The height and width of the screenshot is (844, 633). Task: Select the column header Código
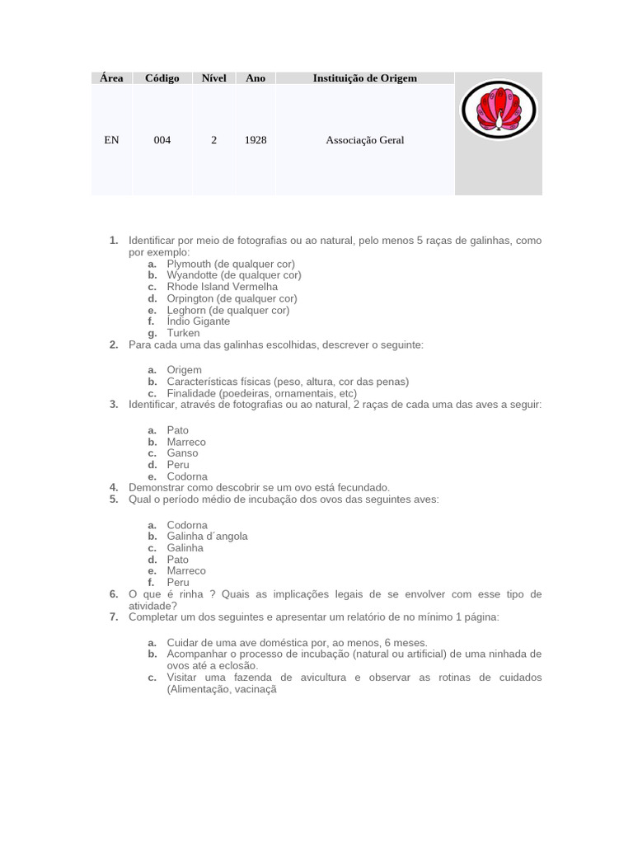coord(162,78)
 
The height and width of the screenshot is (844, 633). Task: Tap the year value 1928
coord(256,140)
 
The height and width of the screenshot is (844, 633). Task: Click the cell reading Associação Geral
coord(364,140)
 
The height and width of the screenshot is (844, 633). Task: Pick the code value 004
coord(162,140)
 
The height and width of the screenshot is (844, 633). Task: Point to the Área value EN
coord(111,140)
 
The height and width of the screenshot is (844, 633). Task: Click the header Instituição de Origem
coord(364,78)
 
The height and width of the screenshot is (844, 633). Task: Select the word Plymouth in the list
coord(189,264)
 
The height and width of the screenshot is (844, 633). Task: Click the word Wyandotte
coord(192,275)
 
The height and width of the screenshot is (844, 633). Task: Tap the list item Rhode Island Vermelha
coord(217,287)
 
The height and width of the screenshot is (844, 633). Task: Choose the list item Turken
coord(183,334)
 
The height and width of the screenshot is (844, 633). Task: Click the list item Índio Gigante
coord(198,321)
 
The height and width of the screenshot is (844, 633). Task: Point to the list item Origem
coord(184,370)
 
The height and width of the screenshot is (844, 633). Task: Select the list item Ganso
coord(182,453)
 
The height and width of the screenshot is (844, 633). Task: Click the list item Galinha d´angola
coord(207,537)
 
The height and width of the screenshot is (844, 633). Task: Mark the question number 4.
coord(114,488)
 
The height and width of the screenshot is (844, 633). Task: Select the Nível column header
coord(213,78)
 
